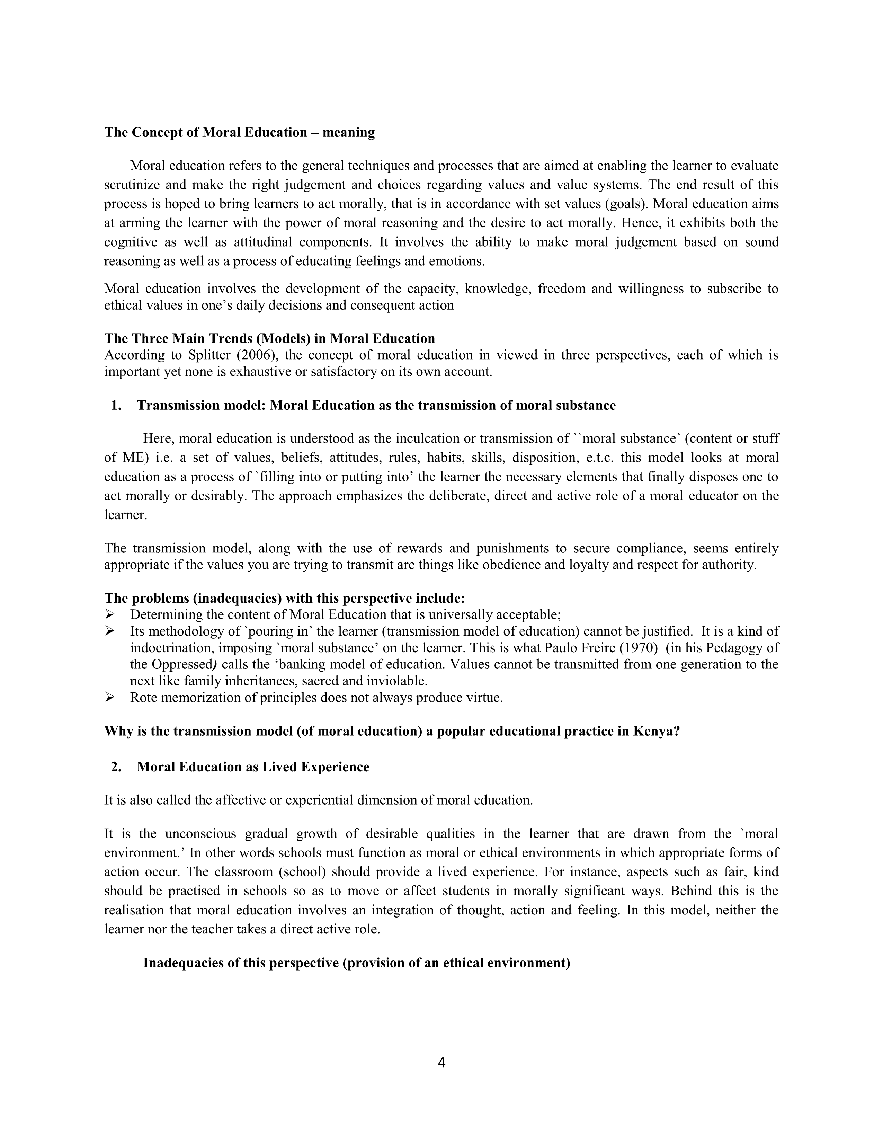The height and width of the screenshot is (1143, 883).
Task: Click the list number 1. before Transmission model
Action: tap(116, 406)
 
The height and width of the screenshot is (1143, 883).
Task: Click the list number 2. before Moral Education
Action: tap(116, 767)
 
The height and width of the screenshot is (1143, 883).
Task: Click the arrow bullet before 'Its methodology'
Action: tap(109, 631)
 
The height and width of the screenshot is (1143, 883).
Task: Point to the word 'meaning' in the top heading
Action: tap(348, 132)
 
